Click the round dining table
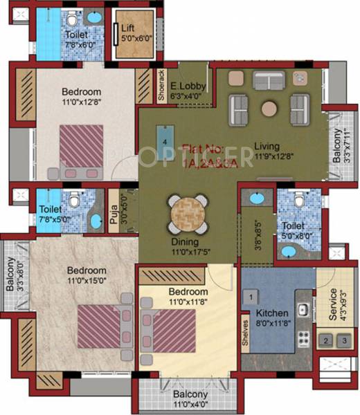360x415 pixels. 188,214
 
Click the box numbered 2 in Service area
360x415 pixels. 326,340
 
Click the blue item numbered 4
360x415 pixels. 165,140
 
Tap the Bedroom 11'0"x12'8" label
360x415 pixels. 81,96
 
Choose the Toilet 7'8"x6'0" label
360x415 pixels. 78,39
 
